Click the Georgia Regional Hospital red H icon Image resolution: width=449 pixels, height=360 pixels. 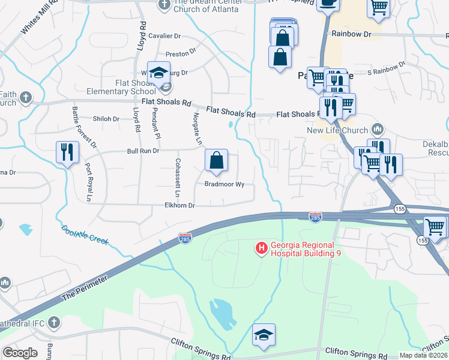coord(261,247)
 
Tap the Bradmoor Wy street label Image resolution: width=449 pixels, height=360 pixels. coord(224,185)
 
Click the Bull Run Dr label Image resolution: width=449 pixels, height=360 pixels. coord(143,151)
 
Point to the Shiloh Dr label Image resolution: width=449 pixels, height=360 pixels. coord(106,119)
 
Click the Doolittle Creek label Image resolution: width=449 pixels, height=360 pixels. coord(84,235)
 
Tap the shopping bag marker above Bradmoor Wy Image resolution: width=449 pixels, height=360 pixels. coord(216,161)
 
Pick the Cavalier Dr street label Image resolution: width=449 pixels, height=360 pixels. coord(164,36)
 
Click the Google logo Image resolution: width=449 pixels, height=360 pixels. coord(20,352)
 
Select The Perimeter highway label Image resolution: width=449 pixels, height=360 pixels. coord(83,287)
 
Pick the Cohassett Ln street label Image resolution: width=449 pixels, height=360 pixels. coord(177,178)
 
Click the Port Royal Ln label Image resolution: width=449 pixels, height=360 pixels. coord(88,182)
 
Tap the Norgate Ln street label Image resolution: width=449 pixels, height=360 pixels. coord(197,128)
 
